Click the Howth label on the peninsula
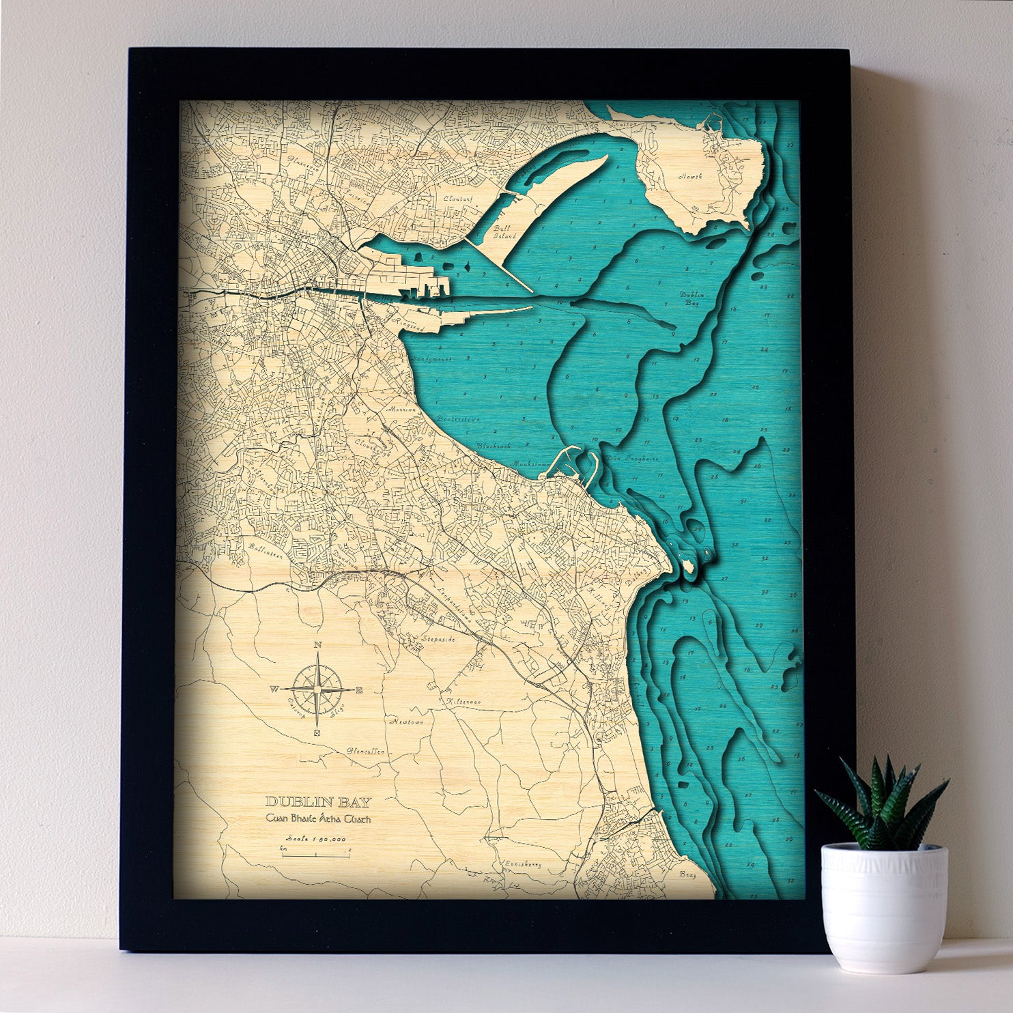pyautogui.click(x=689, y=176)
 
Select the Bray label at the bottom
pyautogui.click(x=687, y=874)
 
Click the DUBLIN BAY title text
pyautogui.click(x=319, y=802)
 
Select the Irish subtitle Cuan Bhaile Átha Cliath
pyautogui.click(x=319, y=820)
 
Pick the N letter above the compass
pyautogui.click(x=317, y=645)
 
